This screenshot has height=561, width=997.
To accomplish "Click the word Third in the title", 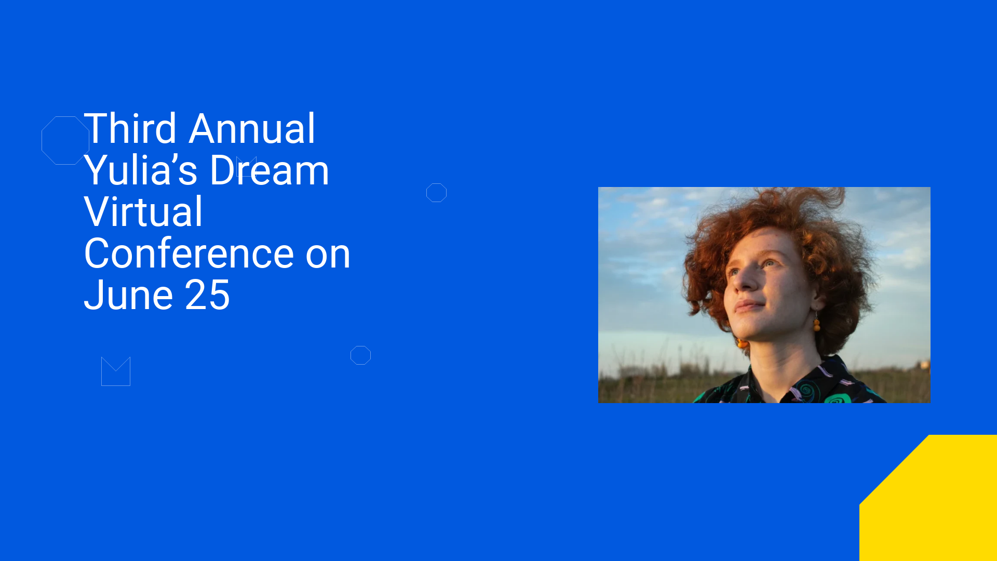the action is point(130,128).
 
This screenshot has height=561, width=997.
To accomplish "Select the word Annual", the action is point(252,128).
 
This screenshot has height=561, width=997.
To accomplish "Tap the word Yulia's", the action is point(141,170).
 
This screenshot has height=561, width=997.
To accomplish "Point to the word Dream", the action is point(270,170).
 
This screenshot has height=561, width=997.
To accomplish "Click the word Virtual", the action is point(143,211).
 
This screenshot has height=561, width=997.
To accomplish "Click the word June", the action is point(128,295).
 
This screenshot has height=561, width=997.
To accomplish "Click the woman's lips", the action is point(748,305).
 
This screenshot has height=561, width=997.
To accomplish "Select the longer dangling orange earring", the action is point(816,322).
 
